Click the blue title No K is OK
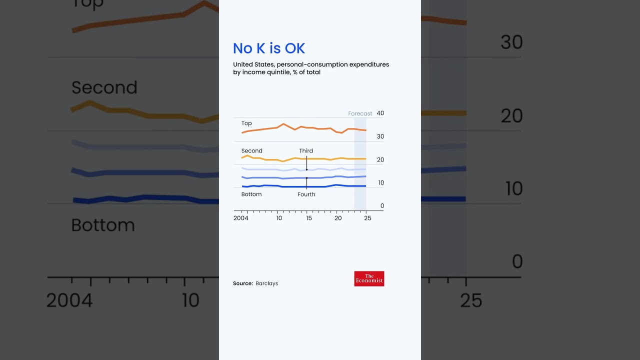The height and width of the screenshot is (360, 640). pos(268,48)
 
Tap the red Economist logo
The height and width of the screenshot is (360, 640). pos(369,278)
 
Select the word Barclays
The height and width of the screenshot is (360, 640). pos(266,283)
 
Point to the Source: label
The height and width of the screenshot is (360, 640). pos(243,283)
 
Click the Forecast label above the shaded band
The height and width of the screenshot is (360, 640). pos(360,113)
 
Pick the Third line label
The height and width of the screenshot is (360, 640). pos(306,151)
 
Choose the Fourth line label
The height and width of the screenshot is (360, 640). pos(306,194)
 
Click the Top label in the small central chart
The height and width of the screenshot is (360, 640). pos(246,123)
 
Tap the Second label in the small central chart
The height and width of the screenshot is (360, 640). pos(251,151)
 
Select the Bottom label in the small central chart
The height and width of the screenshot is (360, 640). pos(251,194)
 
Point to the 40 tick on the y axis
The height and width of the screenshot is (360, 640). pos(380,113)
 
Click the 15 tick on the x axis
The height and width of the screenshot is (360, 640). pos(308,218)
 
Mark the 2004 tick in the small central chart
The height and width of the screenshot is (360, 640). pos(241,218)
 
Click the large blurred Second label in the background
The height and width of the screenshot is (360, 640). pos(104,88)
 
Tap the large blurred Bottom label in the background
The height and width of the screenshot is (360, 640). pos(103,225)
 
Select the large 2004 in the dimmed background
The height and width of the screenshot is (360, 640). pos(69,300)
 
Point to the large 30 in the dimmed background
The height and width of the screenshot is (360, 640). pos(511,42)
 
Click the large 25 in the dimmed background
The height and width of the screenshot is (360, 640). pos(470,300)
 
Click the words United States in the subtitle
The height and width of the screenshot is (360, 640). pos(253,64)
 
